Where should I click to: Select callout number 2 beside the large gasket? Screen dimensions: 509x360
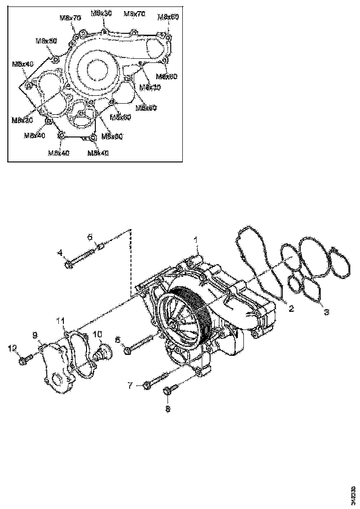(x=292, y=308)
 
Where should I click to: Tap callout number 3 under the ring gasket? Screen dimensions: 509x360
(x=326, y=312)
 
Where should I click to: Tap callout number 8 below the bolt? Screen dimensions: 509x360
(x=168, y=409)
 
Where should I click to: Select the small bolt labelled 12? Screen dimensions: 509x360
(x=26, y=359)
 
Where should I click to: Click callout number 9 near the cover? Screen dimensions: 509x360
(x=35, y=335)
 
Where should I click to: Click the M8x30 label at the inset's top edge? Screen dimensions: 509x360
(x=101, y=13)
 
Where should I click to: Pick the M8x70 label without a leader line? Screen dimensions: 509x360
(x=135, y=14)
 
